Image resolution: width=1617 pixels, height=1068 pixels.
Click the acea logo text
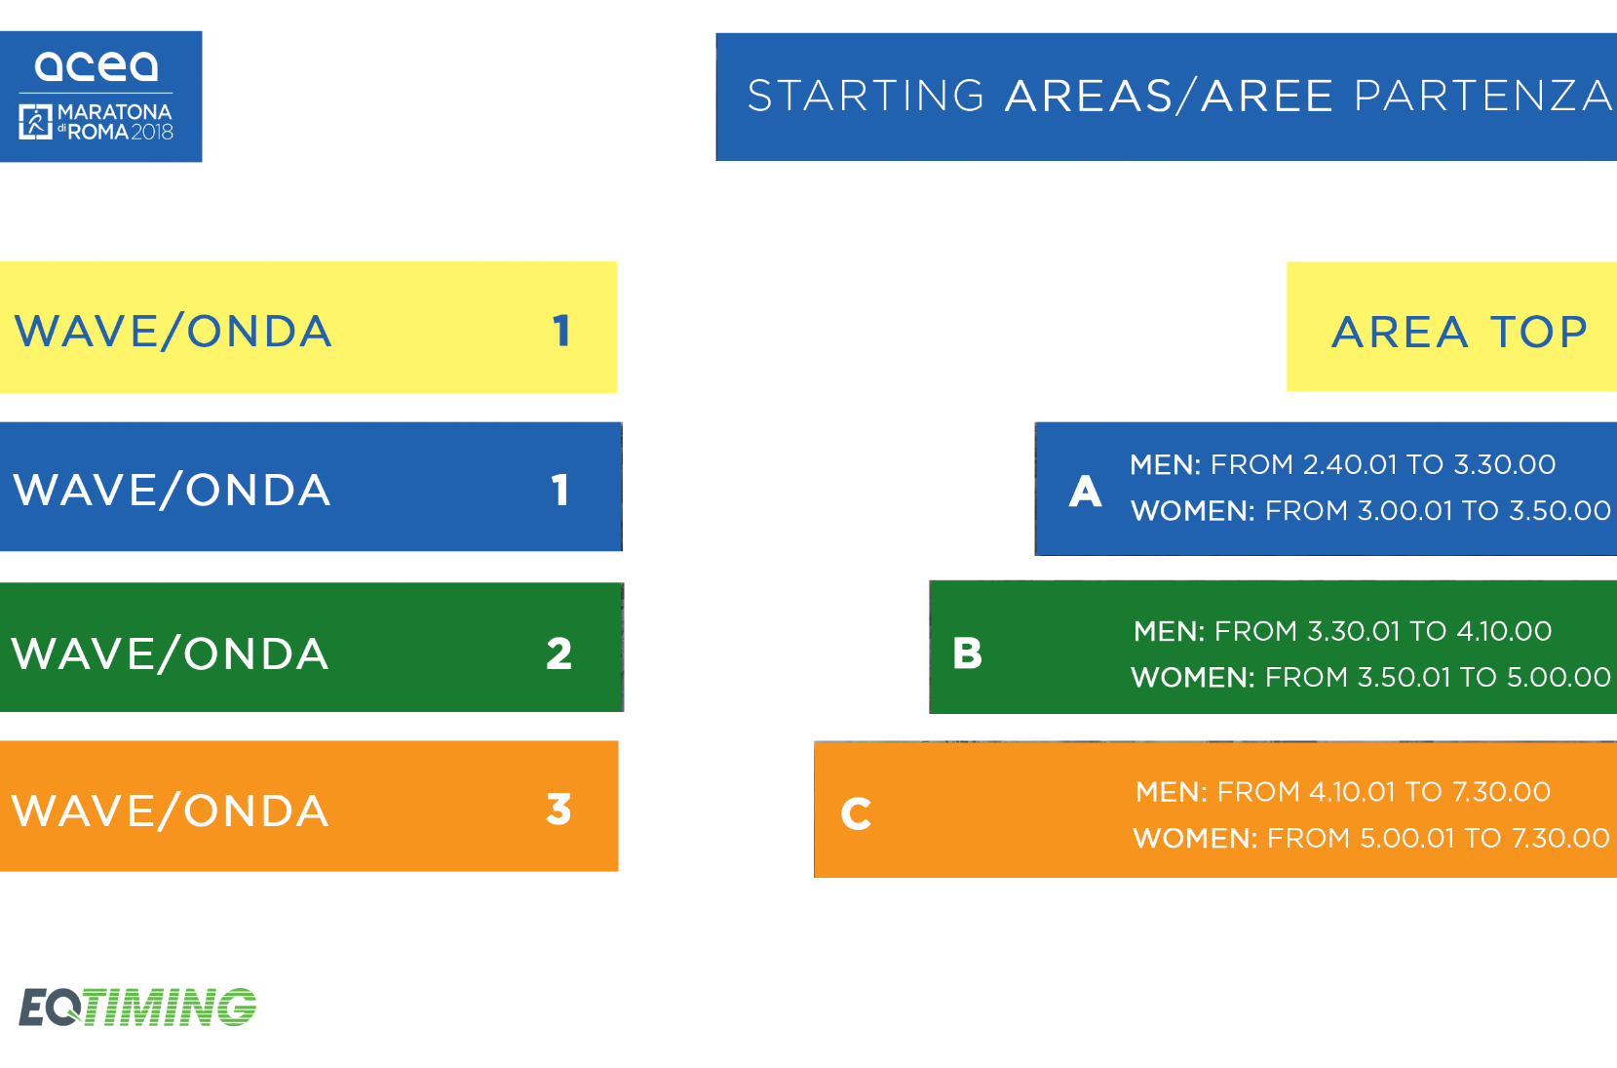(x=96, y=66)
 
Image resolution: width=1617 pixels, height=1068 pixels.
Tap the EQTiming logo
(x=137, y=1007)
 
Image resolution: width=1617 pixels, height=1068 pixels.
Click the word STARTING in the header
(x=866, y=97)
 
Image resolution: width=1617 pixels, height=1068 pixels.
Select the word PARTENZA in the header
(x=1483, y=97)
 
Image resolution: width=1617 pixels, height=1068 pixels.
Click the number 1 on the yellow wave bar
(x=561, y=331)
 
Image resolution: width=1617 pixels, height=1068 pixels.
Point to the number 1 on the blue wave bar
(x=560, y=490)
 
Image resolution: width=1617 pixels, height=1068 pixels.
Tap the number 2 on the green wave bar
(x=558, y=653)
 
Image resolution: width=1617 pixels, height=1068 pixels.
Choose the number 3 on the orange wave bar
(x=558, y=810)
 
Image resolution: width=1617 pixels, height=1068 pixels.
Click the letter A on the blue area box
(x=1085, y=492)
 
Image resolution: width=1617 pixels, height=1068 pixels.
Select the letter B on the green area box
(x=967, y=653)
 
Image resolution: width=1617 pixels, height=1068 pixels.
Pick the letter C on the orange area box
(x=856, y=813)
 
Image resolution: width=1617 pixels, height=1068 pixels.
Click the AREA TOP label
(x=1459, y=332)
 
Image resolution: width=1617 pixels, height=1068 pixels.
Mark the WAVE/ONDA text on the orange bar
(x=171, y=811)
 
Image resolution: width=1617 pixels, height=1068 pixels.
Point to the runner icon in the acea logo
(x=35, y=121)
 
